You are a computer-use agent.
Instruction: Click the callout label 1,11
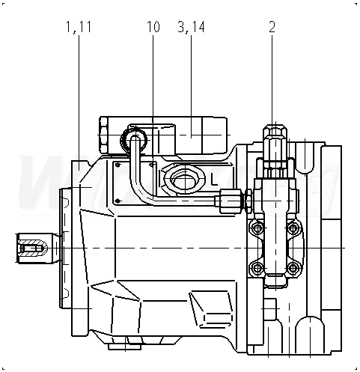(79, 27)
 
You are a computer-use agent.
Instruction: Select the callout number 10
(153, 27)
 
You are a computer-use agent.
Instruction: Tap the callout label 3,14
(191, 27)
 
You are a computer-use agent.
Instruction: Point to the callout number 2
(272, 27)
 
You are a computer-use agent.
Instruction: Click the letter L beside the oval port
(214, 180)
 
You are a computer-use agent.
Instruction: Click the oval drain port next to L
(185, 180)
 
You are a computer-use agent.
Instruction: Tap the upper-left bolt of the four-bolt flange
(257, 228)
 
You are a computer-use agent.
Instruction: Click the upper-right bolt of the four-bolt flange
(293, 228)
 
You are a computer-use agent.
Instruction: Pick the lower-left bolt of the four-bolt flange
(257, 268)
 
